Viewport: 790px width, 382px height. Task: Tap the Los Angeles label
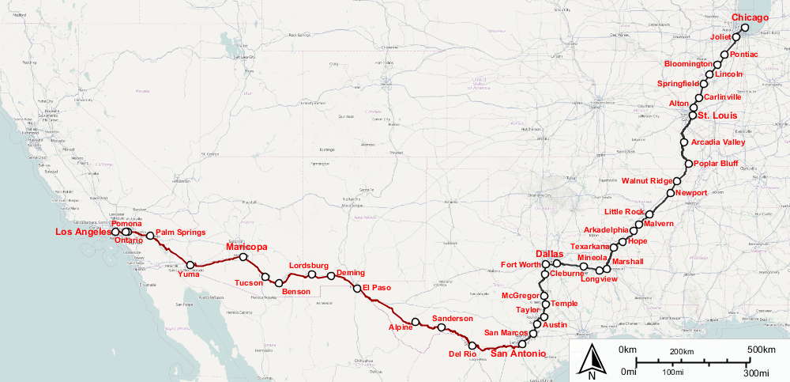click(x=82, y=233)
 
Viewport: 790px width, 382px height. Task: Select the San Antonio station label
click(x=518, y=354)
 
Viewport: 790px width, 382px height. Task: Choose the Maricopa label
click(x=246, y=248)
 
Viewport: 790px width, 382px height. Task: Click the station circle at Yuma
click(x=190, y=265)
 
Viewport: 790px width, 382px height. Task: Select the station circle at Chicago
click(x=745, y=27)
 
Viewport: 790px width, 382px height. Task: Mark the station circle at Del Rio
click(x=472, y=345)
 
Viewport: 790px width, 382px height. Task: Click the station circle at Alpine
click(x=416, y=322)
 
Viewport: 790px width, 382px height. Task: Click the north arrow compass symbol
click(x=592, y=362)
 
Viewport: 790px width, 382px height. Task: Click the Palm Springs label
click(x=181, y=233)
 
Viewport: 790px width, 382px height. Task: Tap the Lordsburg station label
click(x=308, y=266)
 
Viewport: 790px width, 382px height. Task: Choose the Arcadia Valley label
click(x=718, y=142)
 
